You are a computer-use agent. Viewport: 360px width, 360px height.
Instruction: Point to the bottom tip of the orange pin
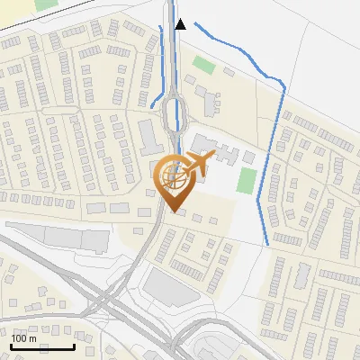[173, 212]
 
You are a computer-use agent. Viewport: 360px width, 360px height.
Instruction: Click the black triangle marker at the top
[181, 24]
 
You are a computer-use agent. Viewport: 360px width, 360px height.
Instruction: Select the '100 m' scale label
[24, 337]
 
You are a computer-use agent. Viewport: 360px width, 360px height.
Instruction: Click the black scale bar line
[42, 346]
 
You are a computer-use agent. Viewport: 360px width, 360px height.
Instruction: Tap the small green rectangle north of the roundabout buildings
[204, 66]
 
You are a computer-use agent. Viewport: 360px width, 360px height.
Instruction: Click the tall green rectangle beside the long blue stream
[246, 179]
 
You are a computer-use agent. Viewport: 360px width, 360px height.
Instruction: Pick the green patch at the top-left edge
[45, 4]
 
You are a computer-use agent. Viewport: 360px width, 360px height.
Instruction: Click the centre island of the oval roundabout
[175, 112]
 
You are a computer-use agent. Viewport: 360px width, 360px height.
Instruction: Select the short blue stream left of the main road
[163, 63]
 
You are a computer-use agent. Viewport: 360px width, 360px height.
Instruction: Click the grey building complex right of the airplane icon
[216, 148]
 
